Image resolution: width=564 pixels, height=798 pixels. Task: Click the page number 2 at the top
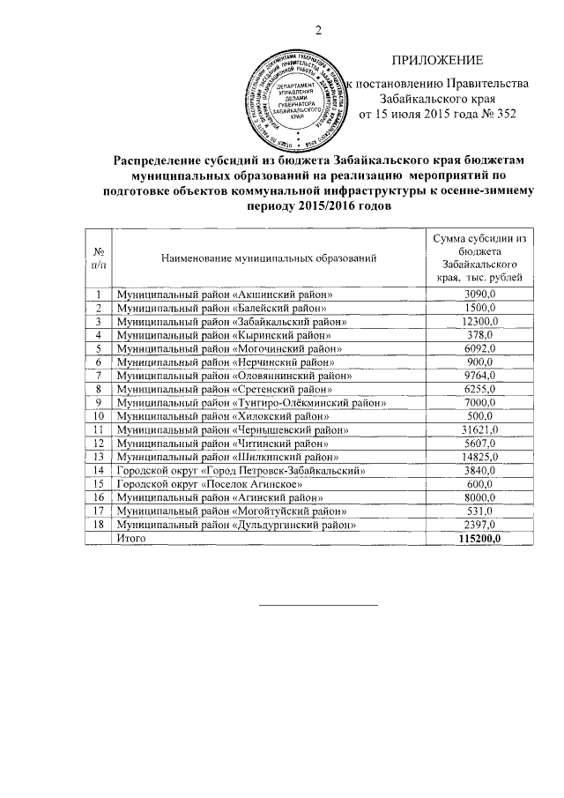[x=318, y=33]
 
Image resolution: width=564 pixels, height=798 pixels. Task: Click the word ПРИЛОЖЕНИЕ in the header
[x=437, y=61]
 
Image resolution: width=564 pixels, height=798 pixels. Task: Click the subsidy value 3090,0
[x=480, y=294]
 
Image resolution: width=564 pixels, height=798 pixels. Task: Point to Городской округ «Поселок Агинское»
[x=211, y=484]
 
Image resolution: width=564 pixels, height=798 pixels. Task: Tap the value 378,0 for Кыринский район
[x=480, y=335]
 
